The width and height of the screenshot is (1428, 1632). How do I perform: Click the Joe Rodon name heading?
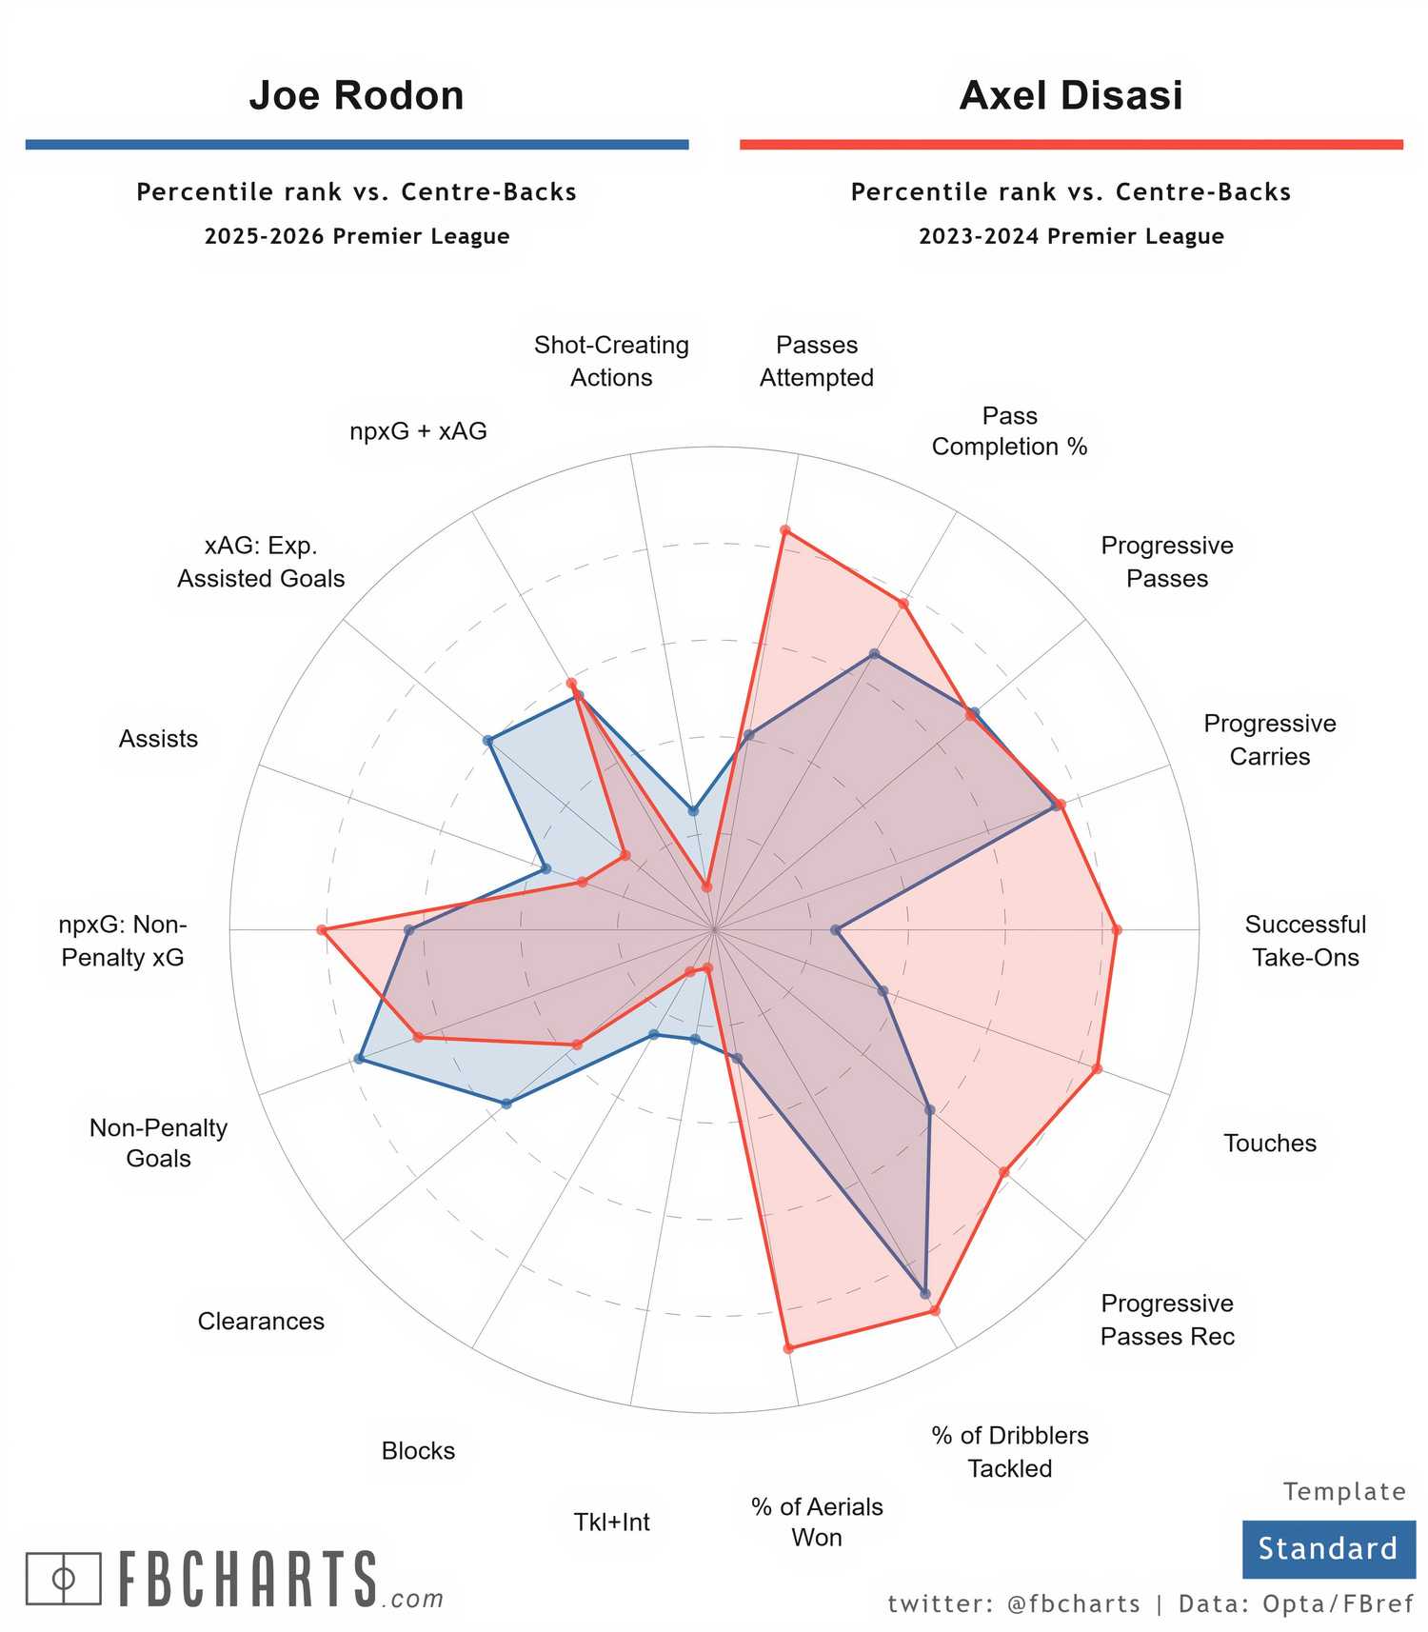coord(356,95)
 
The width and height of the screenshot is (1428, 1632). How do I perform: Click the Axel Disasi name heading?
coord(1071,95)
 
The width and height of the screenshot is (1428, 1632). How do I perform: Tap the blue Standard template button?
coord(1328,1548)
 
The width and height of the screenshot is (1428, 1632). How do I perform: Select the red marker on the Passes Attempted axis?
coord(784,529)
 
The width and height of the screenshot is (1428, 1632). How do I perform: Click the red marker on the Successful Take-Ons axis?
coord(1117,929)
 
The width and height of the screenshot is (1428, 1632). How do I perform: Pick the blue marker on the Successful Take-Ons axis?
coord(835,929)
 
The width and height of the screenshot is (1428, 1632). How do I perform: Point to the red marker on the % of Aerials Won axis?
coord(787,1348)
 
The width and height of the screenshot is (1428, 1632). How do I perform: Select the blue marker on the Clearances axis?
coord(506,1104)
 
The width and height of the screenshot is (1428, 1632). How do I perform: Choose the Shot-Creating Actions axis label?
coord(611,361)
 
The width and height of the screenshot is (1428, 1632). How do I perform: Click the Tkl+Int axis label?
coord(611,1522)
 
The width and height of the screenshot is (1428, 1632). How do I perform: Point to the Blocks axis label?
coord(418,1450)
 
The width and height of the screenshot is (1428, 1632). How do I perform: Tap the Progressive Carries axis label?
coord(1269,740)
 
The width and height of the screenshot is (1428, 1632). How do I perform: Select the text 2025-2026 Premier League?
coord(357,236)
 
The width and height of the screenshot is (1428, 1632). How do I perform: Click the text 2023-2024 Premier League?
coord(1071,236)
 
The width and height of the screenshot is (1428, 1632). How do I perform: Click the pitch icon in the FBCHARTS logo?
coord(63,1578)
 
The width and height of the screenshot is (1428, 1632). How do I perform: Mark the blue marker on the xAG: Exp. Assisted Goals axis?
coord(487,741)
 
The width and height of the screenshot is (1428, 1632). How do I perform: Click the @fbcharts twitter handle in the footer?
coord(1073,1603)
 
